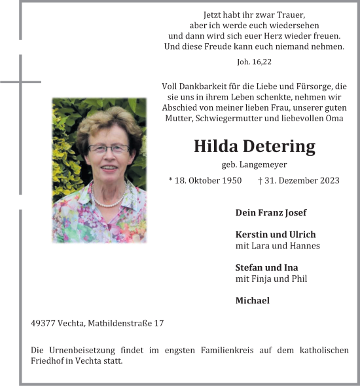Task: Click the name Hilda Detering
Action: pyautogui.click(x=254, y=145)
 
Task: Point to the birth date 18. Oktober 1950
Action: pyautogui.click(x=208, y=180)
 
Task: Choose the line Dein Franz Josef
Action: pyautogui.click(x=271, y=212)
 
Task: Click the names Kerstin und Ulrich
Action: pyautogui.click(x=276, y=234)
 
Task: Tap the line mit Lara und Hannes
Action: pyautogui.click(x=278, y=246)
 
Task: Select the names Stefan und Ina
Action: pyautogui.click(x=266, y=267)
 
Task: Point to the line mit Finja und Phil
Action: pyautogui.click(x=271, y=279)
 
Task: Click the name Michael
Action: pyautogui.click(x=252, y=300)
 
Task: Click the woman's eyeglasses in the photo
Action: pyautogui.click(x=108, y=149)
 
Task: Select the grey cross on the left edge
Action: pyautogui.click(x=20, y=82)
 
